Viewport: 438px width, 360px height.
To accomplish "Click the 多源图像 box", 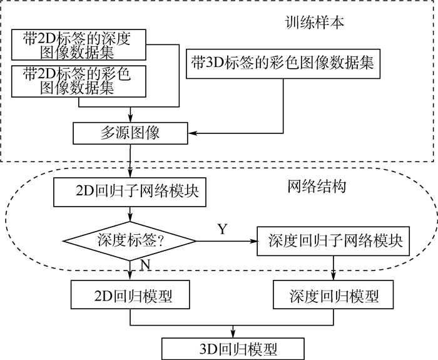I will click(x=130, y=133).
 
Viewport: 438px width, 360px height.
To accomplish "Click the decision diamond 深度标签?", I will click(x=130, y=240).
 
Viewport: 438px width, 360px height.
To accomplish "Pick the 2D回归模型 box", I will click(x=130, y=294).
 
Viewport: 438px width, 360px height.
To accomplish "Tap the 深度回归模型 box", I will click(x=335, y=294).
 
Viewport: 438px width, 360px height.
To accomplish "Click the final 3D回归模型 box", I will click(x=233, y=347).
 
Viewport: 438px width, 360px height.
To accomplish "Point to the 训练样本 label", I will click(x=308, y=24).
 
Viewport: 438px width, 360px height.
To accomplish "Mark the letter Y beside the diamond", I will click(x=222, y=229).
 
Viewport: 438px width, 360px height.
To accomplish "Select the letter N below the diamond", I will click(x=145, y=265).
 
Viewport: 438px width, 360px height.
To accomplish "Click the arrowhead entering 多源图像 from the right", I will click(x=192, y=133).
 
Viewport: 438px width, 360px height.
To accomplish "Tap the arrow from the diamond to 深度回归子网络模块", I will click(x=226, y=240).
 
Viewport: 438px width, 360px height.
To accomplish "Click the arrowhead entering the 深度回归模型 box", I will click(x=335, y=277).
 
